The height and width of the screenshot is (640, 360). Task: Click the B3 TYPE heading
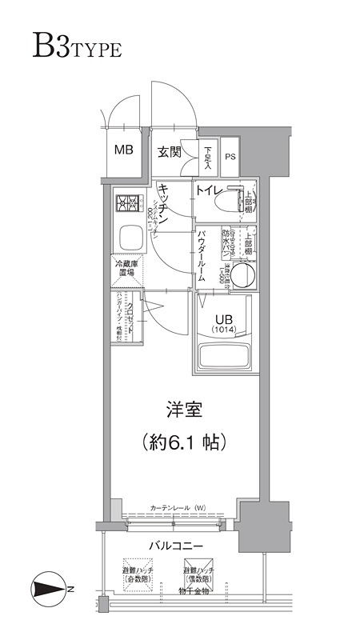coord(77,46)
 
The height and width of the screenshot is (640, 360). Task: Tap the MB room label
coord(123,150)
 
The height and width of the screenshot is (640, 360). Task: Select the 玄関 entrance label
coord(168,151)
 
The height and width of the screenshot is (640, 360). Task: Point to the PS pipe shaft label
coord(230,157)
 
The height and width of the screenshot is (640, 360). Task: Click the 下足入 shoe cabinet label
coord(208,155)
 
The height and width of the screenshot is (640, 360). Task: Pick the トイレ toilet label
coord(209,191)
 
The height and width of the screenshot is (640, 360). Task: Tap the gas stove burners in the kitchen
coord(127,203)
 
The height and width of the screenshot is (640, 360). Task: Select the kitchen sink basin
coord(128,238)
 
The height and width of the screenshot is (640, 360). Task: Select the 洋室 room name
coord(183,411)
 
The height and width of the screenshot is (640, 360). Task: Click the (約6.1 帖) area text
coord(183,441)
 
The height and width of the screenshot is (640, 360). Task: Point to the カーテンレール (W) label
coord(178,507)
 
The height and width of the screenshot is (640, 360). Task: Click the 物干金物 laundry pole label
coord(194,591)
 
